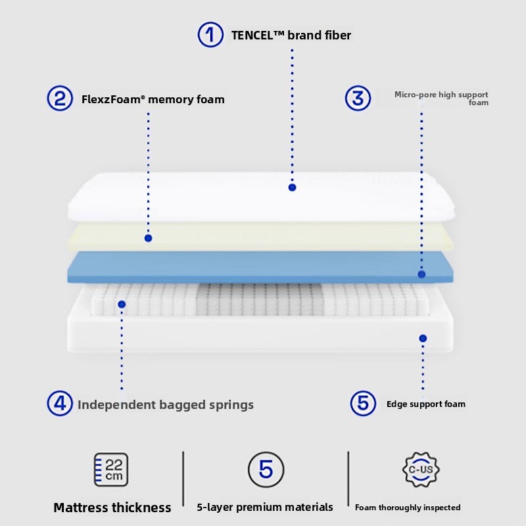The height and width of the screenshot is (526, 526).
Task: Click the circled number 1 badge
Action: (210, 34)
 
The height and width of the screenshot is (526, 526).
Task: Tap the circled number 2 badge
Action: (59, 99)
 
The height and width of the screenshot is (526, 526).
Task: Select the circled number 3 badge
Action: (358, 99)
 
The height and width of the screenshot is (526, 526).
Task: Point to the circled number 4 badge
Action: (59, 403)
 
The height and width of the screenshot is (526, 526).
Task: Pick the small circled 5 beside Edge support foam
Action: (363, 403)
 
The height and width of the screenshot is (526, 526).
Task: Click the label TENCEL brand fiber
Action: (291, 35)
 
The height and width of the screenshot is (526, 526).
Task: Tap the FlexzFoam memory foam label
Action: (153, 100)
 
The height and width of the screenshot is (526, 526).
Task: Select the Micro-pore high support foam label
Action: (441, 99)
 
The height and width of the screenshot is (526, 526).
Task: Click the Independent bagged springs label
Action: (166, 404)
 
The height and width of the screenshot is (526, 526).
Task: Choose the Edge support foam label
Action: (425, 404)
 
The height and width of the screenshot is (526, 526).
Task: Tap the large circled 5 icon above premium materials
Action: (266, 469)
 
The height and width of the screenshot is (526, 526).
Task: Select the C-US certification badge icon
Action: (421, 469)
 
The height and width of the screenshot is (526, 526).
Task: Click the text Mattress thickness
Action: (112, 508)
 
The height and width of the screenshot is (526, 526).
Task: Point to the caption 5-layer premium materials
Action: (265, 507)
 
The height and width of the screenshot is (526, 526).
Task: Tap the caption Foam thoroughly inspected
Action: (408, 508)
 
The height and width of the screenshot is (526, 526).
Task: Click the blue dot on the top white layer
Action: (292, 187)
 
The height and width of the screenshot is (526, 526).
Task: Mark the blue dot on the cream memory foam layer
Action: (148, 238)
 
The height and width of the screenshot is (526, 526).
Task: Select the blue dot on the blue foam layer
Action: (421, 274)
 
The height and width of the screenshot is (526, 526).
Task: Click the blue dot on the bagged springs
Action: (122, 304)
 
